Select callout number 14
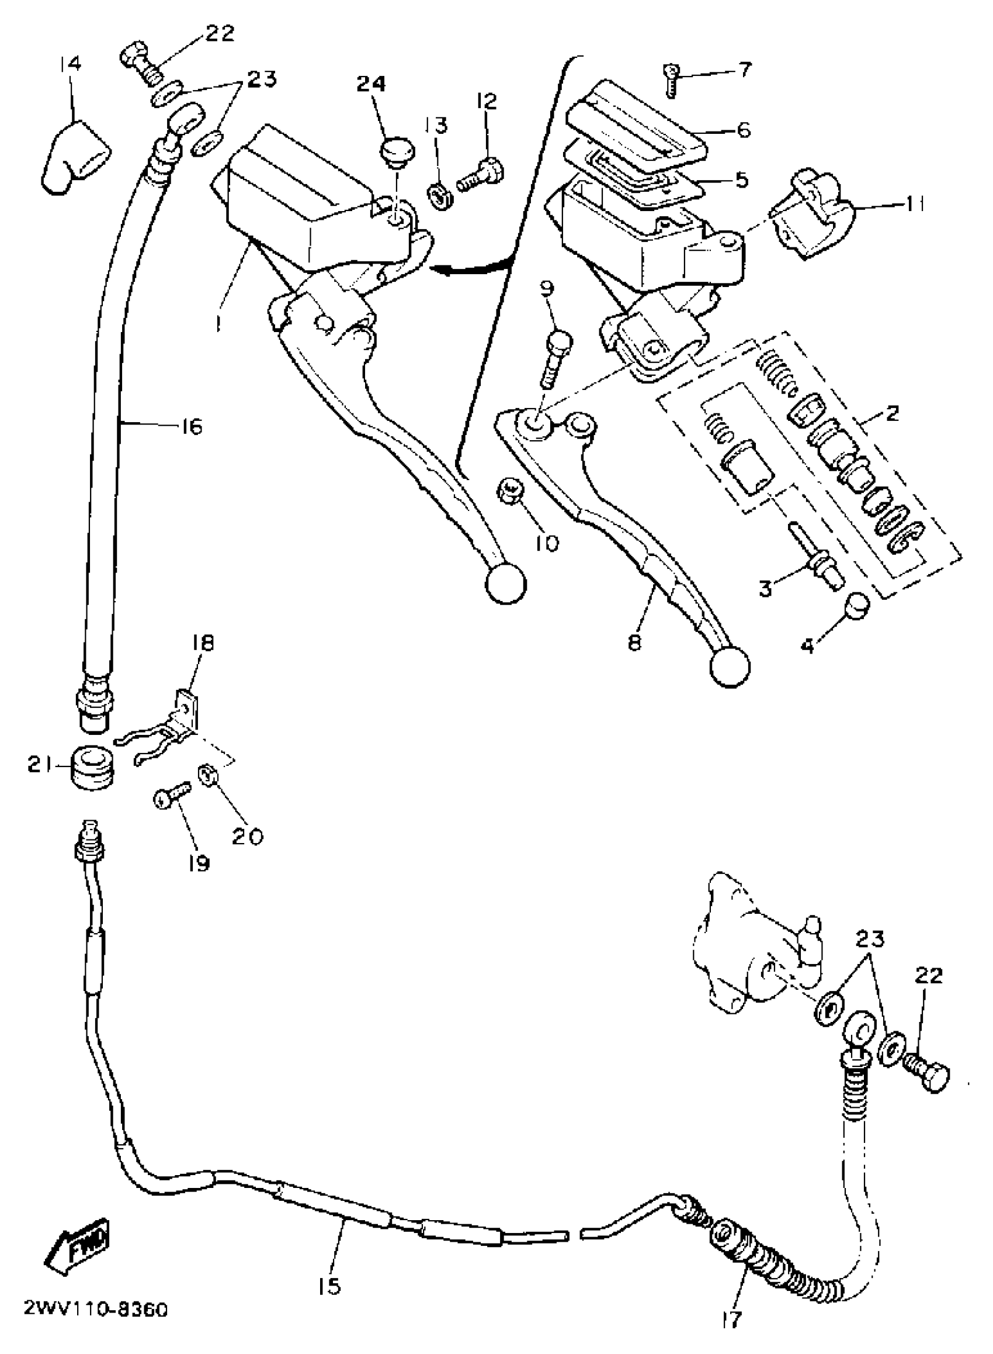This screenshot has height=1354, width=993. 71,64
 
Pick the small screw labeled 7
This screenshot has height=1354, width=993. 671,80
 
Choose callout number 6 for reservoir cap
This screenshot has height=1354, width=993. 744,129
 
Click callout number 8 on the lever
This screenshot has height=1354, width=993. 635,643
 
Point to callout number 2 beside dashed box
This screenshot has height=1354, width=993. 891,414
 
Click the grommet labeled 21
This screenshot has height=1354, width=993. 93,768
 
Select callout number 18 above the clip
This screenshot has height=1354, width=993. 203,644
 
